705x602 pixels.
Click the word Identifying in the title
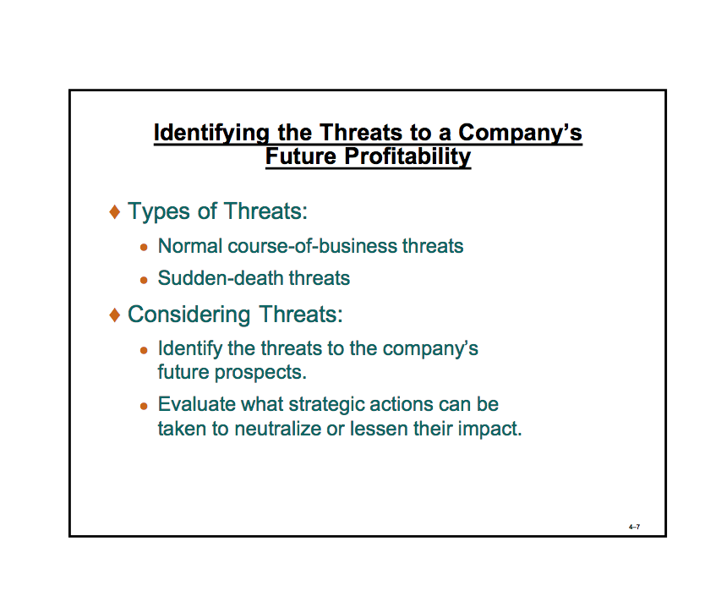tap(211, 134)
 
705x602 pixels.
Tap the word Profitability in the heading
tap(407, 157)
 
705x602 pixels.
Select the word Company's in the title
tap(520, 134)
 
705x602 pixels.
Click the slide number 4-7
tap(634, 527)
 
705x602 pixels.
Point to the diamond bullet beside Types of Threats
tap(115, 211)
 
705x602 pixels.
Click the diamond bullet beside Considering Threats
tap(115, 315)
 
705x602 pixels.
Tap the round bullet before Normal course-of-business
tap(144, 247)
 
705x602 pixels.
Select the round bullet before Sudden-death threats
tap(144, 280)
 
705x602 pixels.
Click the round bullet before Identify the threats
tap(144, 350)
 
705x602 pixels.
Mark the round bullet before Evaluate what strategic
tap(144, 407)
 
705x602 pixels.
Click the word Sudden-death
tap(221, 278)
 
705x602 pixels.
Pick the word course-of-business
tap(313, 246)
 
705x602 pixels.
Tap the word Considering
tap(189, 315)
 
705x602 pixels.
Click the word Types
tap(159, 211)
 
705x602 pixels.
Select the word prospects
tap(260, 373)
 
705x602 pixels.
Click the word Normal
tap(190, 246)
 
